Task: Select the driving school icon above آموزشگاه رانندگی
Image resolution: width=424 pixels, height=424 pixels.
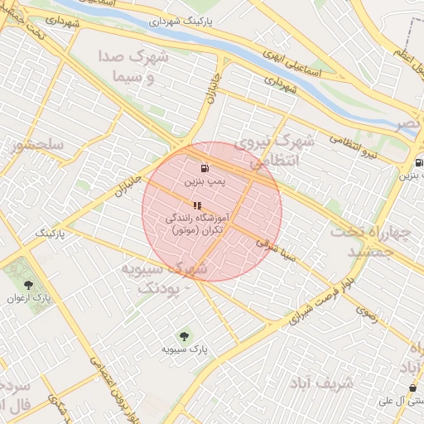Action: [x=197, y=205]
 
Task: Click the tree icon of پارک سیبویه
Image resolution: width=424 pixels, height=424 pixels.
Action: [x=184, y=336]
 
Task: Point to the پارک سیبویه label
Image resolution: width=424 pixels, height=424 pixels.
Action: [x=185, y=350]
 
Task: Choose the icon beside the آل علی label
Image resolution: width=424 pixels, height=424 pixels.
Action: [x=412, y=388]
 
